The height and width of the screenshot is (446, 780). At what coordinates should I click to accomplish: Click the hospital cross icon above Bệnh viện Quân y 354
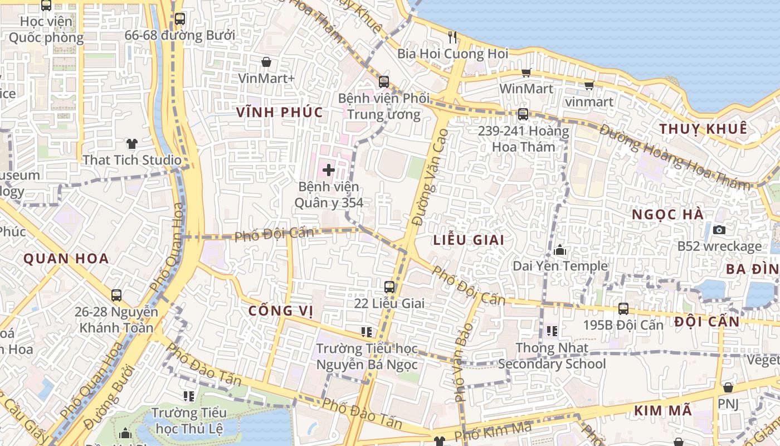329,169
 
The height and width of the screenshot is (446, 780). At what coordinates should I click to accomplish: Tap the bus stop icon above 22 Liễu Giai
389,287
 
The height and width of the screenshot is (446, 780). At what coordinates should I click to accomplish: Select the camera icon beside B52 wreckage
719,230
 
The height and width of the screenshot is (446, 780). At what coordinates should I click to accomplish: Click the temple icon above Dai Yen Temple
560,250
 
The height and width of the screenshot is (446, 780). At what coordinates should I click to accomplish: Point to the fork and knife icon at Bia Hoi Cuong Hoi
452,37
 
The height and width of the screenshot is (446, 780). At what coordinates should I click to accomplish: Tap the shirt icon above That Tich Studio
131,144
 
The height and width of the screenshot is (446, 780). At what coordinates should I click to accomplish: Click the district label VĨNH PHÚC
280,112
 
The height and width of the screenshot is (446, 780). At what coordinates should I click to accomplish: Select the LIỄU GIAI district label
469,240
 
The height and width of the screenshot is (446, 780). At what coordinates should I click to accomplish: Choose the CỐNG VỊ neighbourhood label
279,311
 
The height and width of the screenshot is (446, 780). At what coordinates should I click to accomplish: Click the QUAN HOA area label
66,259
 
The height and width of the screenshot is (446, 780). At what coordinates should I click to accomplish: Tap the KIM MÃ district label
662,411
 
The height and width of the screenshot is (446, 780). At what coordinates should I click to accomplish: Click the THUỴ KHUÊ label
703,129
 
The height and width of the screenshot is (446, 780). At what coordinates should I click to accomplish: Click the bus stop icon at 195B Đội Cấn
623,308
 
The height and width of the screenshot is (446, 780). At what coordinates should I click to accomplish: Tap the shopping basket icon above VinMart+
266,62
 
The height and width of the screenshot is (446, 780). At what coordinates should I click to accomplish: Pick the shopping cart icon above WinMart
526,72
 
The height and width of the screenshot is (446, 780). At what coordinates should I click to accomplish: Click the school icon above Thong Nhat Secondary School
552,331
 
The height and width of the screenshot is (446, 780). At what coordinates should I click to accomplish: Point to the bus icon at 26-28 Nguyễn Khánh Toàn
116,295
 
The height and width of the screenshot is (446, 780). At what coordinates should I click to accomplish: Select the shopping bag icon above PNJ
728,387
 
